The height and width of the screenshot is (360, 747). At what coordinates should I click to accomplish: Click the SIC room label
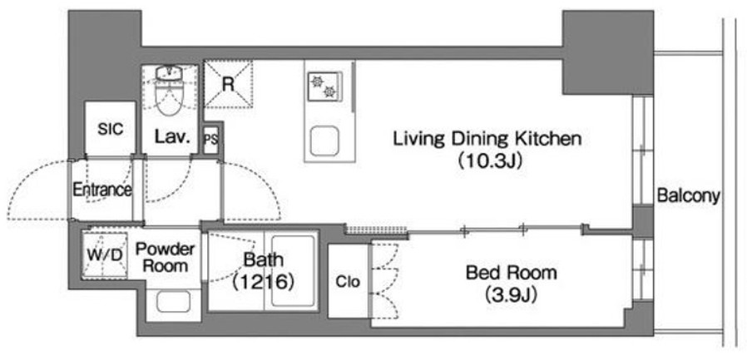pos(111,129)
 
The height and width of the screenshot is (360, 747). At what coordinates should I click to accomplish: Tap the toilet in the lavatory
pos(170,91)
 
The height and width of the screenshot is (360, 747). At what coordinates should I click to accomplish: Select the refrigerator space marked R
pos(228,84)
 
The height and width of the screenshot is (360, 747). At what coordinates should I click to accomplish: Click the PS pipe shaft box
pos(210,140)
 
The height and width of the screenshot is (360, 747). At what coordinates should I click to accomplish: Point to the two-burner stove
pos(324,86)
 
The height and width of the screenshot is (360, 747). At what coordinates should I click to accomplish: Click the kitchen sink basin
pos(324,142)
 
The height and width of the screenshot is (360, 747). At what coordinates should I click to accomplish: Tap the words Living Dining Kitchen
pos(487,140)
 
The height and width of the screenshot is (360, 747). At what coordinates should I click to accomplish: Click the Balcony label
pos(688,195)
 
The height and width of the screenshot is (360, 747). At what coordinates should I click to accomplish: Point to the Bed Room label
pos(512,274)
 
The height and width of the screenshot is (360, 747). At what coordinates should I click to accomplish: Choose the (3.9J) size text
pos(512,296)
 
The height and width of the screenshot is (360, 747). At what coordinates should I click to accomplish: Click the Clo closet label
pos(348,282)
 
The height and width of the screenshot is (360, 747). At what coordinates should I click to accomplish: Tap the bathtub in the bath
pos(292,271)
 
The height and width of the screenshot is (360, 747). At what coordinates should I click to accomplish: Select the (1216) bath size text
pos(263,283)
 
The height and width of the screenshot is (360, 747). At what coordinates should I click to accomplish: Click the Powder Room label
pos(166,257)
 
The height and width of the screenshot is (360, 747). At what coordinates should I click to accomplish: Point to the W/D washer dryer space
pos(104,254)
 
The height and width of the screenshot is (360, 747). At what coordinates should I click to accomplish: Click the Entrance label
pos(102,190)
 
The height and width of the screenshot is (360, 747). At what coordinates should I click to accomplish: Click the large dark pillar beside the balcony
pos(608,52)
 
